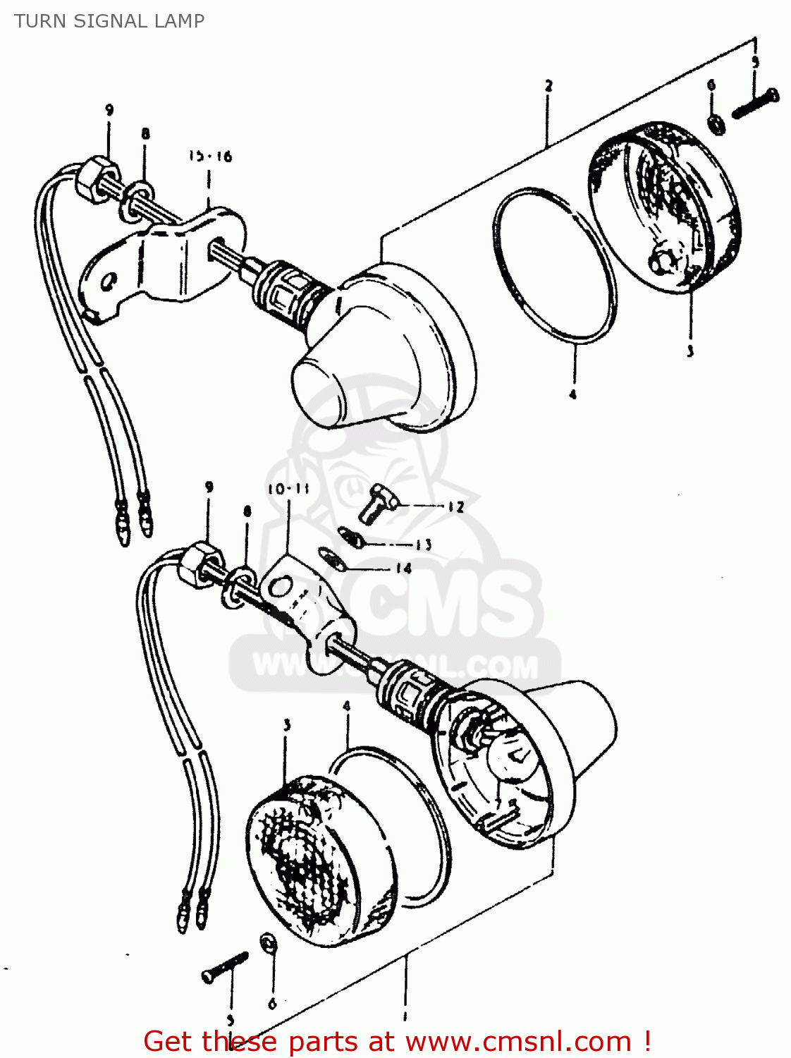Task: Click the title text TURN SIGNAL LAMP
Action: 109,21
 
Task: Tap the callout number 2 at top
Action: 548,86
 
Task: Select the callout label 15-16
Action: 209,156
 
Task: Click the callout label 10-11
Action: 288,489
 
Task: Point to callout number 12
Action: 455,506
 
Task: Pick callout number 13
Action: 423,544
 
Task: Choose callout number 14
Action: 403,568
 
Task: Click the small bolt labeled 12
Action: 374,502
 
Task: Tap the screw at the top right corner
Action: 755,104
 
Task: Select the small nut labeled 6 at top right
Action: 716,124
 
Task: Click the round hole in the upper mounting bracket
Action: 108,283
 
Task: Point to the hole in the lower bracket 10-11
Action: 280,585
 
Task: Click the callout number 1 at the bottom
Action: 405,1016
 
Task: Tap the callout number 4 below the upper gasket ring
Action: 572,394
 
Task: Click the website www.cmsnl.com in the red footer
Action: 518,1041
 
